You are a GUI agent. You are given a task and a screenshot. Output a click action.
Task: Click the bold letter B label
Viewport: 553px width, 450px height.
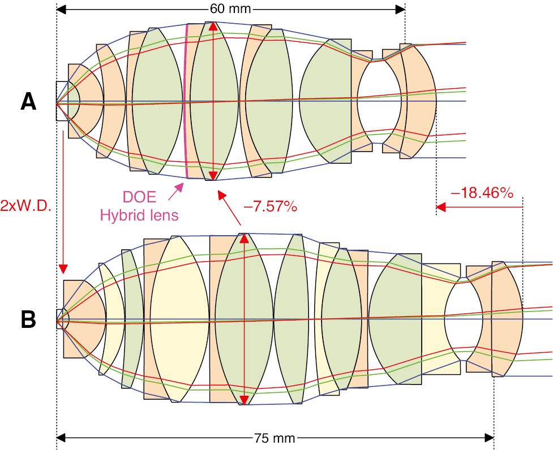pos(28,320)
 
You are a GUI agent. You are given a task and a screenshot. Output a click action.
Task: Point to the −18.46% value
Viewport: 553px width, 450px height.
pos(481,193)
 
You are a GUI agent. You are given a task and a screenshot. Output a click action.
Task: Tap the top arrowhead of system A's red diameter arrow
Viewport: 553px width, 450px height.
pos(212,26)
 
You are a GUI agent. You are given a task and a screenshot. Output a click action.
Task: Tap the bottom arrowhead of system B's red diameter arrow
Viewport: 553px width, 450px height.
pos(245,400)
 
